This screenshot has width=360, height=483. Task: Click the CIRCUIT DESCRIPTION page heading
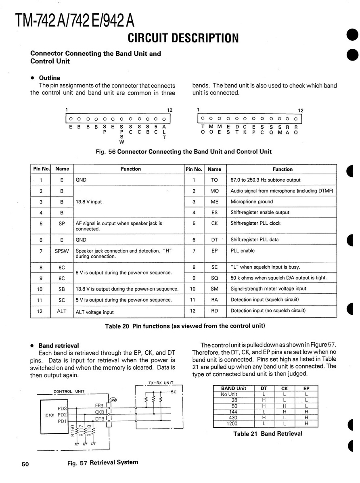183,38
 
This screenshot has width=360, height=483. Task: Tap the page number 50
25,464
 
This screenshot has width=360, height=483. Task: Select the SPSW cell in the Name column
62,251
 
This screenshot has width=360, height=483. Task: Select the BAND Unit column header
234,389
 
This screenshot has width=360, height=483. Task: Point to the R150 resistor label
73,431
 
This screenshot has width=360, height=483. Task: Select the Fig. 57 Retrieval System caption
103,462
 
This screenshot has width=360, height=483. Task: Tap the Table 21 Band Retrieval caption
267,434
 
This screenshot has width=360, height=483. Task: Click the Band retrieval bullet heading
59,346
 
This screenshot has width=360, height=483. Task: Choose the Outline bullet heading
49,78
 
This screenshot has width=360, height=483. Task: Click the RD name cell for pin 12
214,311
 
